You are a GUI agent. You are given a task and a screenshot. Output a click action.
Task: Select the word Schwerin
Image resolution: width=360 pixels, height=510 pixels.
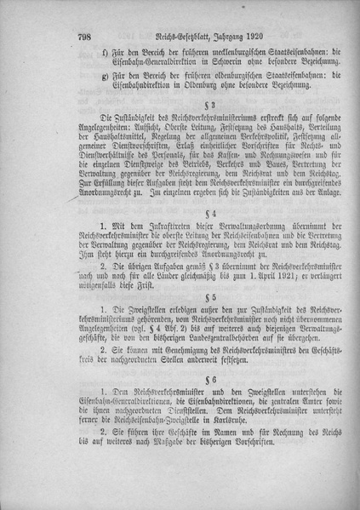coord(225,62)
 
